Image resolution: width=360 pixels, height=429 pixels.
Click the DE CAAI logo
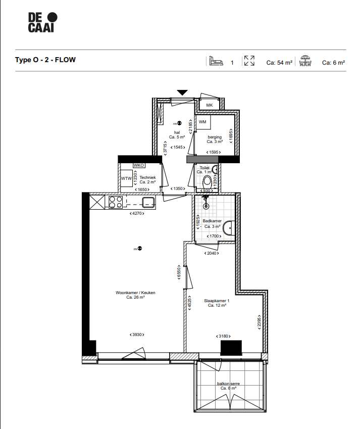tap(42, 23)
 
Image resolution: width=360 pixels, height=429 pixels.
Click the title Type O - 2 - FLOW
tap(45, 60)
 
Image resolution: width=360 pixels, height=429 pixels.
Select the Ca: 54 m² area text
tap(279, 63)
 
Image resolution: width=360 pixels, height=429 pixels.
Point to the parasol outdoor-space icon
tap(305, 61)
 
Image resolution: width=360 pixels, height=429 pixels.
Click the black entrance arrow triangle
tap(182, 92)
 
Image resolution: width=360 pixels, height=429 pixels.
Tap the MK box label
tap(210, 105)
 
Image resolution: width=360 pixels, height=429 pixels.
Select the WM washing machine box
tap(202, 122)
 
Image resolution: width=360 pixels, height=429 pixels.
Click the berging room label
tap(214, 137)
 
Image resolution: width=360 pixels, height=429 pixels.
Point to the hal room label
tap(177, 133)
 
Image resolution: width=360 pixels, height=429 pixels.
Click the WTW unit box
tap(126, 178)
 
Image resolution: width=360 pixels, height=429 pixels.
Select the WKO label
tap(139, 165)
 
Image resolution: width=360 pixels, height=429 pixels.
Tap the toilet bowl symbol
tap(207, 181)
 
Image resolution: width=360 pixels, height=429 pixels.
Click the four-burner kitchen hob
tap(116, 202)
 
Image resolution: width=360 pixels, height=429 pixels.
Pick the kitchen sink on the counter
tap(148, 202)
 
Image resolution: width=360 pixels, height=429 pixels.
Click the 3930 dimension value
tap(136, 335)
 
